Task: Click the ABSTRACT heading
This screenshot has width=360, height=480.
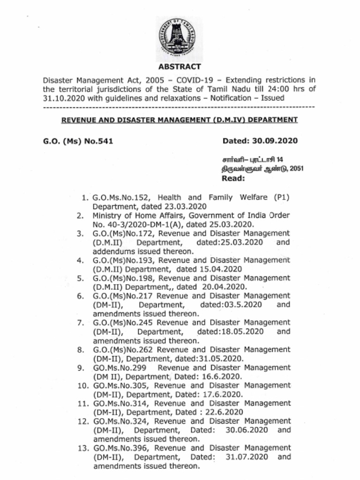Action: [x=180, y=67]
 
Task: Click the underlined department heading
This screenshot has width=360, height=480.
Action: [x=180, y=120]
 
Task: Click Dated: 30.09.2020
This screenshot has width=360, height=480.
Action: [x=260, y=141]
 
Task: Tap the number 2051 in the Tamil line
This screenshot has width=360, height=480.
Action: [x=296, y=169]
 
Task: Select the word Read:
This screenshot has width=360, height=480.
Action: [x=233, y=178]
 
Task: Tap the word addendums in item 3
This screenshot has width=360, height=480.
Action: [x=115, y=251]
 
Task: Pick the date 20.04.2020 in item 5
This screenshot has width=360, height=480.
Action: [x=225, y=287]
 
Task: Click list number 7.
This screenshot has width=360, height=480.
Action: [x=80, y=323]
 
